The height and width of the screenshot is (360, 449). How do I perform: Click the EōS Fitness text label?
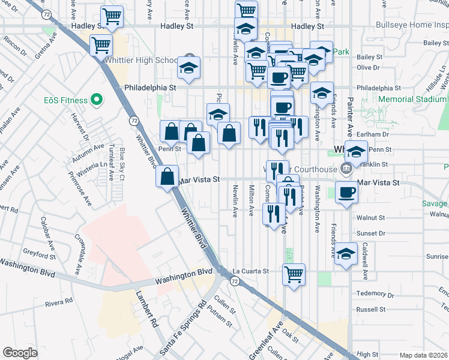61,101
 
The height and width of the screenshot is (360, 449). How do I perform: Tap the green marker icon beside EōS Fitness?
95,100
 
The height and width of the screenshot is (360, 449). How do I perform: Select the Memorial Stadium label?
413,100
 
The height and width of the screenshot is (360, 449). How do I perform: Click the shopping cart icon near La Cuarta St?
294,275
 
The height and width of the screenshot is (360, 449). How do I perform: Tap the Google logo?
20,353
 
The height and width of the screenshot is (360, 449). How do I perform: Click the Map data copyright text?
424,355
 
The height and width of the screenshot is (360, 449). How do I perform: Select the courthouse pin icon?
345,169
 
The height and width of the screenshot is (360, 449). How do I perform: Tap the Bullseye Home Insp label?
411,26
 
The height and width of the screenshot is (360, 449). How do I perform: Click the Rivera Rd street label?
59,303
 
